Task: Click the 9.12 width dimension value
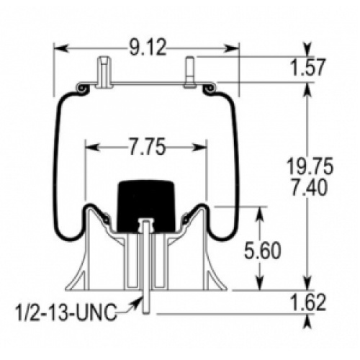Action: coord(147,48)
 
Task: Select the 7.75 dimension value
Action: coord(147,146)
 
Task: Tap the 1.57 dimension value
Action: coord(307,68)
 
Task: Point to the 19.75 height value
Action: coord(310,166)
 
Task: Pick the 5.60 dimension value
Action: coord(262,251)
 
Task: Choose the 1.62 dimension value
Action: coord(308,302)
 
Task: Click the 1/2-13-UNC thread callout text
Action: coord(66,312)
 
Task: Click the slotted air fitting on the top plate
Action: coord(104,72)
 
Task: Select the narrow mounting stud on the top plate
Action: coord(190,71)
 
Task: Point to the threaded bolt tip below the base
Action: coord(145,302)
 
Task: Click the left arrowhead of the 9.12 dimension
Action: coord(60,48)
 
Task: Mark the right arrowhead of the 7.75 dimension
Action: coord(200,148)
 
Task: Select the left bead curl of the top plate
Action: coord(83,89)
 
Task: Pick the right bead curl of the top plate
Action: coord(210,89)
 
